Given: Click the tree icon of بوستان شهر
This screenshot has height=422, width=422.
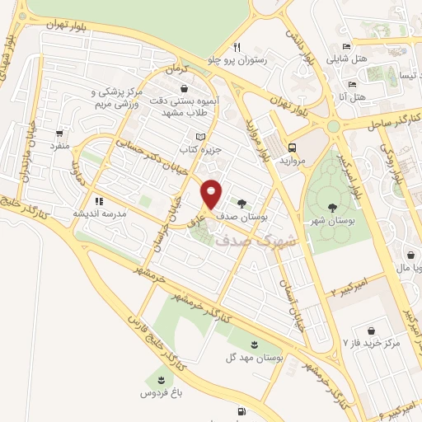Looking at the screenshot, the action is [x=331, y=208].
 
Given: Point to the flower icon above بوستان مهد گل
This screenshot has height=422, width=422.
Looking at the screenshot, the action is [x=255, y=344].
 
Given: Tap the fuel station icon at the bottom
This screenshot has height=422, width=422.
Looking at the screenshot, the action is [x=241, y=410].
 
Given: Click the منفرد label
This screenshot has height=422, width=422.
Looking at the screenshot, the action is [x=59, y=146].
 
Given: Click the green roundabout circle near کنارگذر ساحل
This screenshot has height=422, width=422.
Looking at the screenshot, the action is [x=333, y=126].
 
